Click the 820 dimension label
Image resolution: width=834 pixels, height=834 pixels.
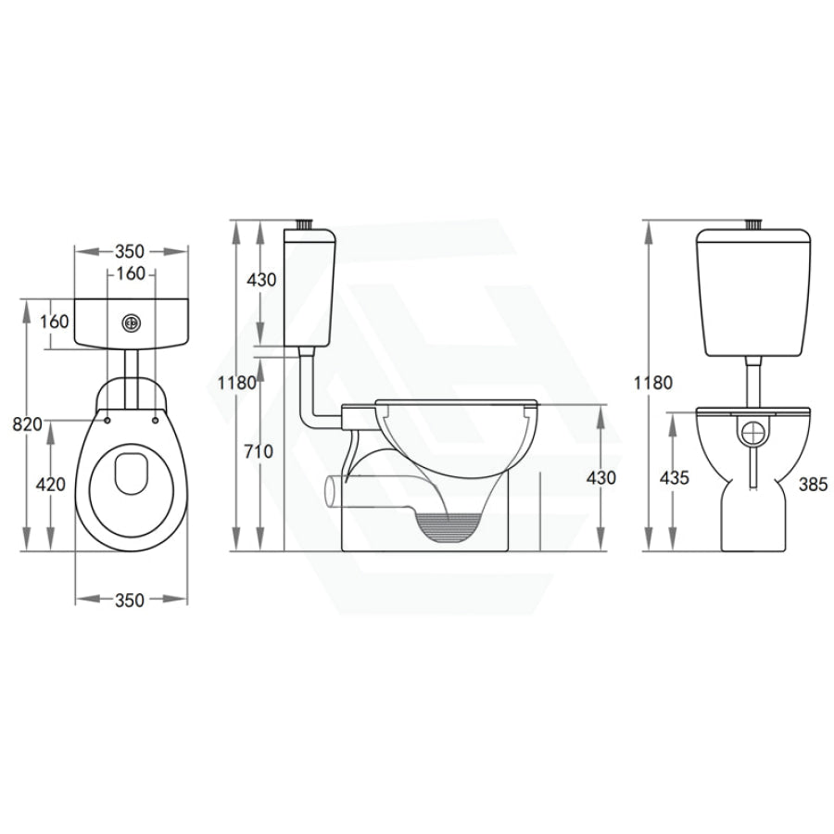tap(27, 423)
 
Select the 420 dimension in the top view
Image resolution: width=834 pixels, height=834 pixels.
tap(51, 484)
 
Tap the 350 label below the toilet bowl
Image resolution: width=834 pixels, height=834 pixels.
tap(130, 600)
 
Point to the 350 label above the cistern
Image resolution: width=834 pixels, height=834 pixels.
tap(131, 250)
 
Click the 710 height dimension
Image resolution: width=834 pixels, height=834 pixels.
tap(259, 451)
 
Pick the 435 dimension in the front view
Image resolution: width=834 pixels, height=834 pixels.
tap(675, 477)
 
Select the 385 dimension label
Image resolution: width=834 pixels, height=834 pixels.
tap(814, 484)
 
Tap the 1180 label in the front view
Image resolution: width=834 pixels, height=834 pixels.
tap(653, 383)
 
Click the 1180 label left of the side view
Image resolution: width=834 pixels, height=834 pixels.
tap(237, 383)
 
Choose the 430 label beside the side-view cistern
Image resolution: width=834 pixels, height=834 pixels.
tap(261, 279)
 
